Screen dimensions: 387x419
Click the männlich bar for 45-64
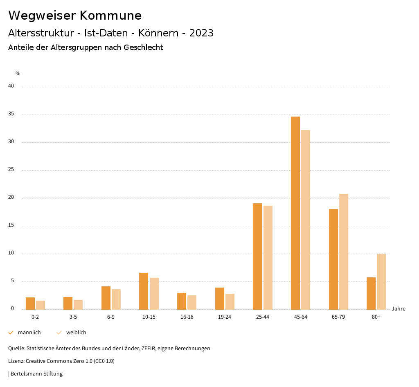295,213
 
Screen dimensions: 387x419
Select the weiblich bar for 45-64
306,220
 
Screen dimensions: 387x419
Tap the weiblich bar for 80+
381,281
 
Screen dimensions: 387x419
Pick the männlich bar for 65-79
333,259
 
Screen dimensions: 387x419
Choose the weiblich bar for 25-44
268,257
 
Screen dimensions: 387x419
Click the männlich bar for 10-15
144,291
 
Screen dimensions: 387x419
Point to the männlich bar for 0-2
30,303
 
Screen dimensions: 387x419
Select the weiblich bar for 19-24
230,301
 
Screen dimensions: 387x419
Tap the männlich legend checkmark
11,333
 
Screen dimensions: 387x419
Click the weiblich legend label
76,333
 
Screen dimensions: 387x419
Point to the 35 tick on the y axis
11,114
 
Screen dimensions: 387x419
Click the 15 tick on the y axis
11,225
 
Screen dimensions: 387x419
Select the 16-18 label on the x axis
187,317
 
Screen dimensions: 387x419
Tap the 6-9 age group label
111,317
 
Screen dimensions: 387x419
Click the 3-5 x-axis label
73,317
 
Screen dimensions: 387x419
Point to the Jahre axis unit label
399,309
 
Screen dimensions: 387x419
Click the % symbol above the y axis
18,74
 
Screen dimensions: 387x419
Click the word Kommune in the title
110,16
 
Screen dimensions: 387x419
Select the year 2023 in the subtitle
201,33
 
